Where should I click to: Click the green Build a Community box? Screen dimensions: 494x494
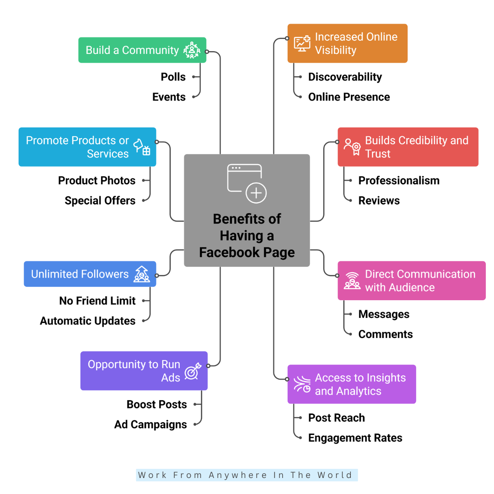(142, 50)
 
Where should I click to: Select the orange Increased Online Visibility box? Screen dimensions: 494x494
(347, 43)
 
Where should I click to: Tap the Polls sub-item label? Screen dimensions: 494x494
(173, 77)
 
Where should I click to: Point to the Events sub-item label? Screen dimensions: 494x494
(169, 97)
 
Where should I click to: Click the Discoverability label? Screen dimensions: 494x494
(345, 77)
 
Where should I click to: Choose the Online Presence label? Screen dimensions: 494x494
(349, 97)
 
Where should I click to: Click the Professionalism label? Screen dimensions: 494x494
(399, 181)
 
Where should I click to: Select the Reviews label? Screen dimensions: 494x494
(379, 200)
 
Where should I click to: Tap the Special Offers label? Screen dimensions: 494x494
(100, 200)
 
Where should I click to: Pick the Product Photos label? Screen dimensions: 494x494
(97, 181)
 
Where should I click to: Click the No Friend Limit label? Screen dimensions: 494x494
(97, 301)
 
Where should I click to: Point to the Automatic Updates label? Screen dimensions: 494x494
(87, 321)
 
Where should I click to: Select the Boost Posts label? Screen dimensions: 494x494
(156, 405)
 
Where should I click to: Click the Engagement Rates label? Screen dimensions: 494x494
(355, 438)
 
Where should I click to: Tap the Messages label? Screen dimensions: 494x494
(384, 314)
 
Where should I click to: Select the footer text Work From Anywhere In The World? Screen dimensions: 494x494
(247, 475)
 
